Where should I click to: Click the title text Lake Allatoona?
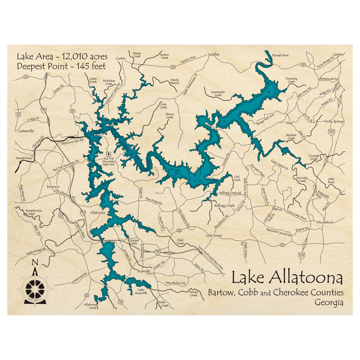pos(287,278)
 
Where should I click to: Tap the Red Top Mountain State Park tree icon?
pos(109,153)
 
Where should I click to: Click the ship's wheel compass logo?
pos(35,288)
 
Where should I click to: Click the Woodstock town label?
pos(325,222)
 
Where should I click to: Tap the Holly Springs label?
pos(334,122)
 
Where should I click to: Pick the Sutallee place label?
pos(213,54)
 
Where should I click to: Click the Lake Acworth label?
pos(140,291)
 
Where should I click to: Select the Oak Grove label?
pos(214,235)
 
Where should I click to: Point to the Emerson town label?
pos(53,187)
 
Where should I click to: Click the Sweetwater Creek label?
pos(218,94)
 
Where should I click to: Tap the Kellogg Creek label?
pos(225,205)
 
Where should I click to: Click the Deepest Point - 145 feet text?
pos(61,66)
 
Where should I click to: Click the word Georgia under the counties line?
pos(328,303)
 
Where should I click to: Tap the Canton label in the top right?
pos(338,55)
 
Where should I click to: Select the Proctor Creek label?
pos(194,293)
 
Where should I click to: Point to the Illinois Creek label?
pos(170,115)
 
